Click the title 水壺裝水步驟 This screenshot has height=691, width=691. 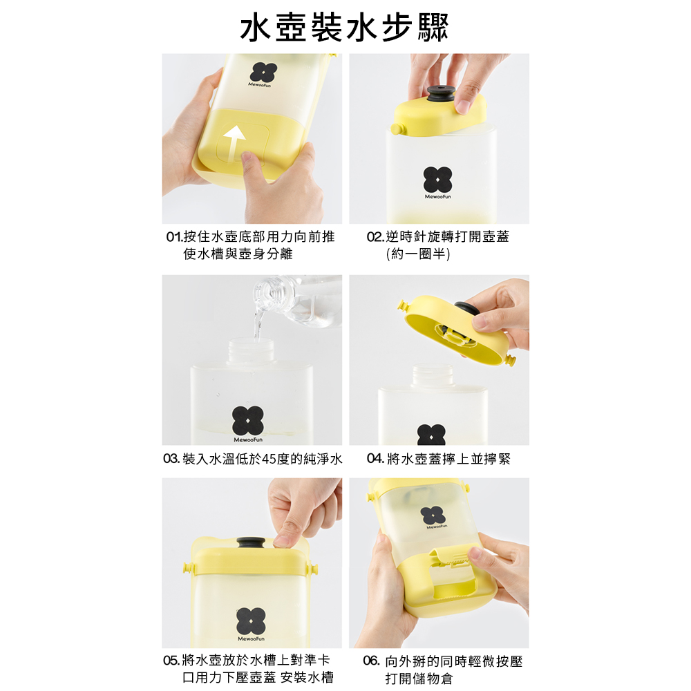(x=344, y=28)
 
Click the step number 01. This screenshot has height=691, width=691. (x=174, y=237)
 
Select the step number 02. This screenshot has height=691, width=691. (x=375, y=237)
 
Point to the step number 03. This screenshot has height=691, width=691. (x=171, y=459)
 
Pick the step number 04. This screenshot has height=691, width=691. (x=375, y=459)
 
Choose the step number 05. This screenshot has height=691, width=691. (x=171, y=660)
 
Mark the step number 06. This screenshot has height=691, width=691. (x=372, y=661)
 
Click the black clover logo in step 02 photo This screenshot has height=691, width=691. (x=437, y=180)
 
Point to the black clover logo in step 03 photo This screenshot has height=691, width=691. (x=248, y=420)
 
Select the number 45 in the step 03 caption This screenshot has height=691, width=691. (x=269, y=460)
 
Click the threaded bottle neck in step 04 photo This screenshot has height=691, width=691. (x=433, y=375)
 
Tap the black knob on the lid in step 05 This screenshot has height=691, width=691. (x=251, y=543)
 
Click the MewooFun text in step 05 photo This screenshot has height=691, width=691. (x=252, y=638)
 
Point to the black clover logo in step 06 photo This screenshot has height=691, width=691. (x=434, y=515)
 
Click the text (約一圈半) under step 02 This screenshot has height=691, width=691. (x=418, y=254)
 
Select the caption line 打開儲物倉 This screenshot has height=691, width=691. (x=419, y=679)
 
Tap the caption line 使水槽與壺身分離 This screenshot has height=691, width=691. (x=238, y=254)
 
